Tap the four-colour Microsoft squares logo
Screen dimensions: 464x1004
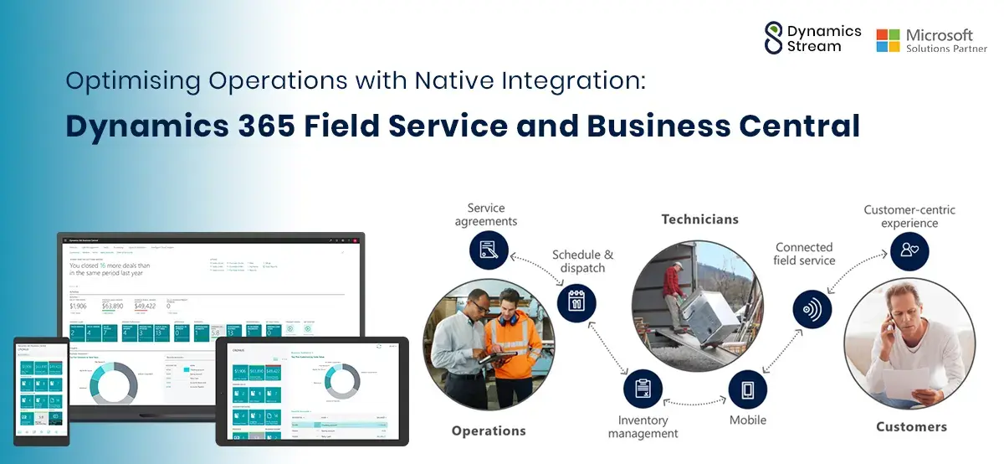click(x=888, y=40)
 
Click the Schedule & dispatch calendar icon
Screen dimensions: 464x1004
click(x=576, y=303)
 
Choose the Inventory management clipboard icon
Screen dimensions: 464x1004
click(x=643, y=389)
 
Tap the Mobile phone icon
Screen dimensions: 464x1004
click(x=747, y=389)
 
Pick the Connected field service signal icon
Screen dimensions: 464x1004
click(x=812, y=308)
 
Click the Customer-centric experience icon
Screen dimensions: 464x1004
click(x=909, y=250)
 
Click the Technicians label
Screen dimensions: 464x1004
click(x=699, y=219)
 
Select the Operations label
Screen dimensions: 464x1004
click(x=489, y=430)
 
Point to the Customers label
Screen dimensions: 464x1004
click(x=911, y=427)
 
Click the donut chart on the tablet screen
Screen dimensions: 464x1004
click(x=344, y=381)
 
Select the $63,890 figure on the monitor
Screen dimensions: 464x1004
click(x=113, y=307)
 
